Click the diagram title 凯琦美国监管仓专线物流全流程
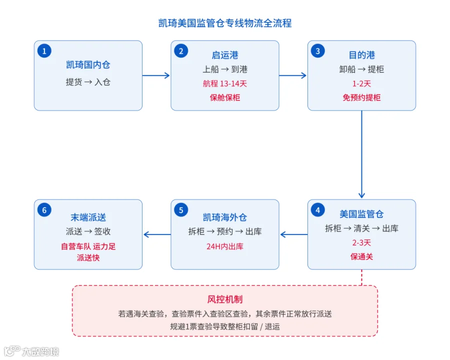click(225, 23)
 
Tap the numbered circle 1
click(44, 51)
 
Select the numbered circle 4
click(317, 210)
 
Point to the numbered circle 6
click(44, 210)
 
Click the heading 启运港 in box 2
click(225, 55)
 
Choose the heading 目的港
click(361, 55)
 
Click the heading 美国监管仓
click(361, 214)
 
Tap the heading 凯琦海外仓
click(225, 217)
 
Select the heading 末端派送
click(88, 217)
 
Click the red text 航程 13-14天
click(225, 83)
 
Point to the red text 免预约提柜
click(361, 97)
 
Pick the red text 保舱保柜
click(225, 97)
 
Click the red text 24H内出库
click(225, 246)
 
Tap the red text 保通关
click(361, 256)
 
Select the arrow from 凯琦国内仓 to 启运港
click(156, 75)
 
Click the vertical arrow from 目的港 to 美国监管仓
click(361, 154)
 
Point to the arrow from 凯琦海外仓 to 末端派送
click(157, 234)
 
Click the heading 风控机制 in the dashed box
click(225, 299)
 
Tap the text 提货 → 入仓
click(88, 82)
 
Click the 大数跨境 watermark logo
click(31, 351)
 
